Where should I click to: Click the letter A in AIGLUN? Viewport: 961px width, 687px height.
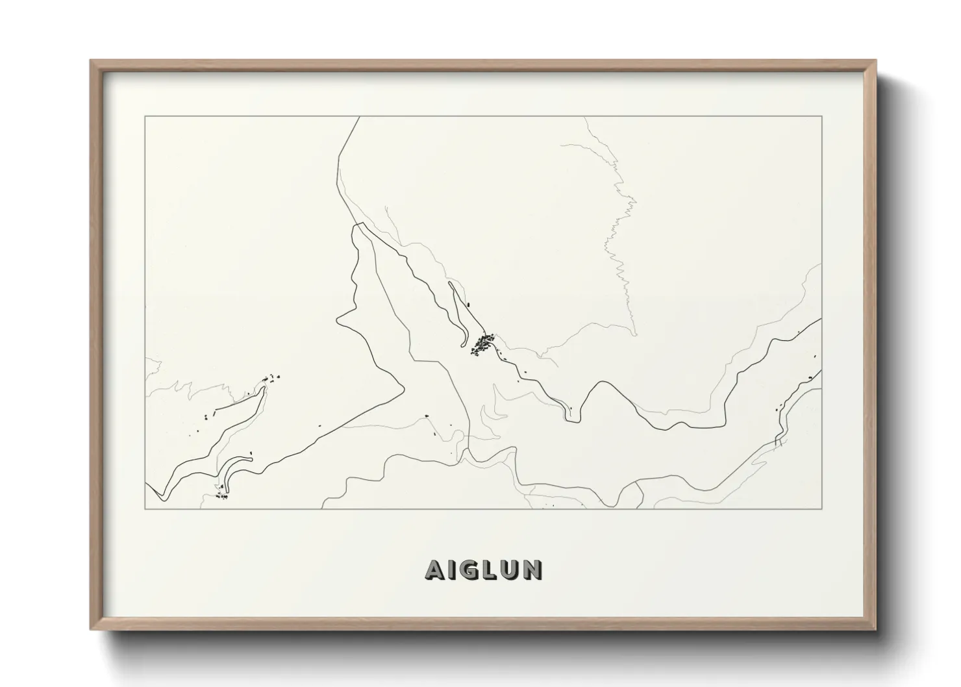[x=434, y=570]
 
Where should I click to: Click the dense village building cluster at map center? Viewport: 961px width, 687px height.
[x=482, y=344]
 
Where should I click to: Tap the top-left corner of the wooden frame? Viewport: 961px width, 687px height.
[x=91, y=61]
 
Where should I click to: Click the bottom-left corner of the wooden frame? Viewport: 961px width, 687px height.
[x=91, y=629]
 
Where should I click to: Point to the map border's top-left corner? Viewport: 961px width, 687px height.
[x=145, y=117]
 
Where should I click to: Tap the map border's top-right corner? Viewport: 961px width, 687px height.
[x=821, y=117]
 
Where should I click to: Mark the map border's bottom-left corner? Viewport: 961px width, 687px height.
[x=145, y=508]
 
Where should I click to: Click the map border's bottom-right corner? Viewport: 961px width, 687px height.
[x=821, y=508]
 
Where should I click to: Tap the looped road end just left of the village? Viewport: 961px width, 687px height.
[x=462, y=345]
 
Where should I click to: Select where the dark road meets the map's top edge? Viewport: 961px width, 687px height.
[x=359, y=118]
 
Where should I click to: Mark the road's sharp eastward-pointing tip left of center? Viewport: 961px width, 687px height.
[x=404, y=389]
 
